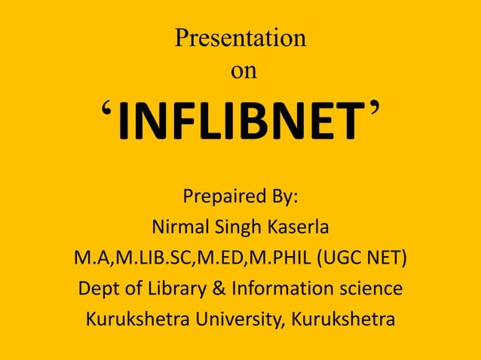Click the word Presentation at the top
[x=240, y=38]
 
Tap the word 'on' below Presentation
[x=243, y=72]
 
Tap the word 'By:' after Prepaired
[x=280, y=198]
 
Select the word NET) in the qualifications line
[x=384, y=259]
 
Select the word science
[x=368, y=289]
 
